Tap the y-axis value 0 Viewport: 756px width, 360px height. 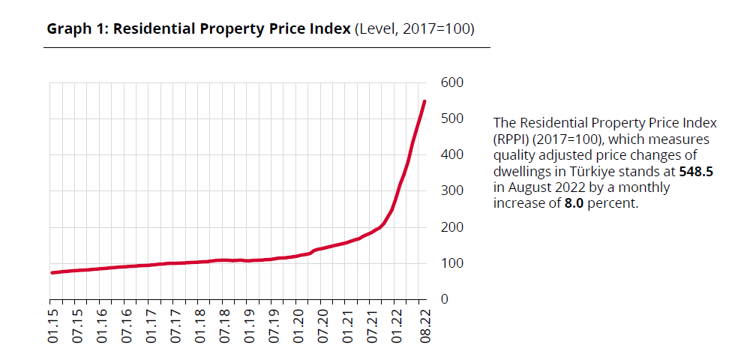pos(445,299)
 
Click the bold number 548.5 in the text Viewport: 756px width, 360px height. pos(696,171)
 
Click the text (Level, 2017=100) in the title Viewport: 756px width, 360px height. pos(415,28)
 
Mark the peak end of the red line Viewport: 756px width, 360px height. pos(424,101)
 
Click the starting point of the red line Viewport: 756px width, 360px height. pos(52,272)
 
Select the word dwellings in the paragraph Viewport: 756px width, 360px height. pos(522,171)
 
